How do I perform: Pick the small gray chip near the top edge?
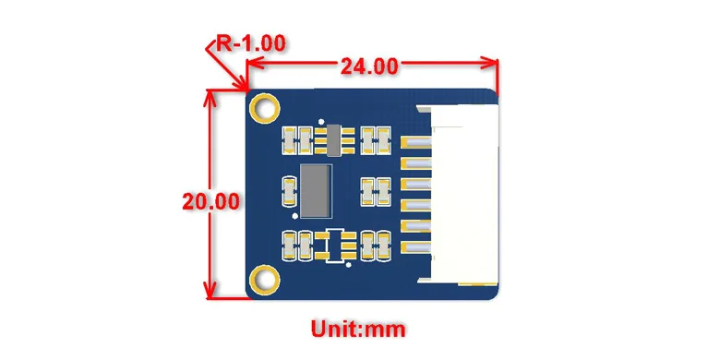[x=333, y=140]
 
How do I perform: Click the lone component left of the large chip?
[x=288, y=191]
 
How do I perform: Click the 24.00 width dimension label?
[x=372, y=66]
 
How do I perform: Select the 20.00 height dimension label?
[x=211, y=201]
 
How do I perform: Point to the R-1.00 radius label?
[x=251, y=42]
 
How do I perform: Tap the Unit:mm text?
[x=360, y=329]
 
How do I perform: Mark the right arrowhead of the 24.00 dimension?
[x=492, y=65]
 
